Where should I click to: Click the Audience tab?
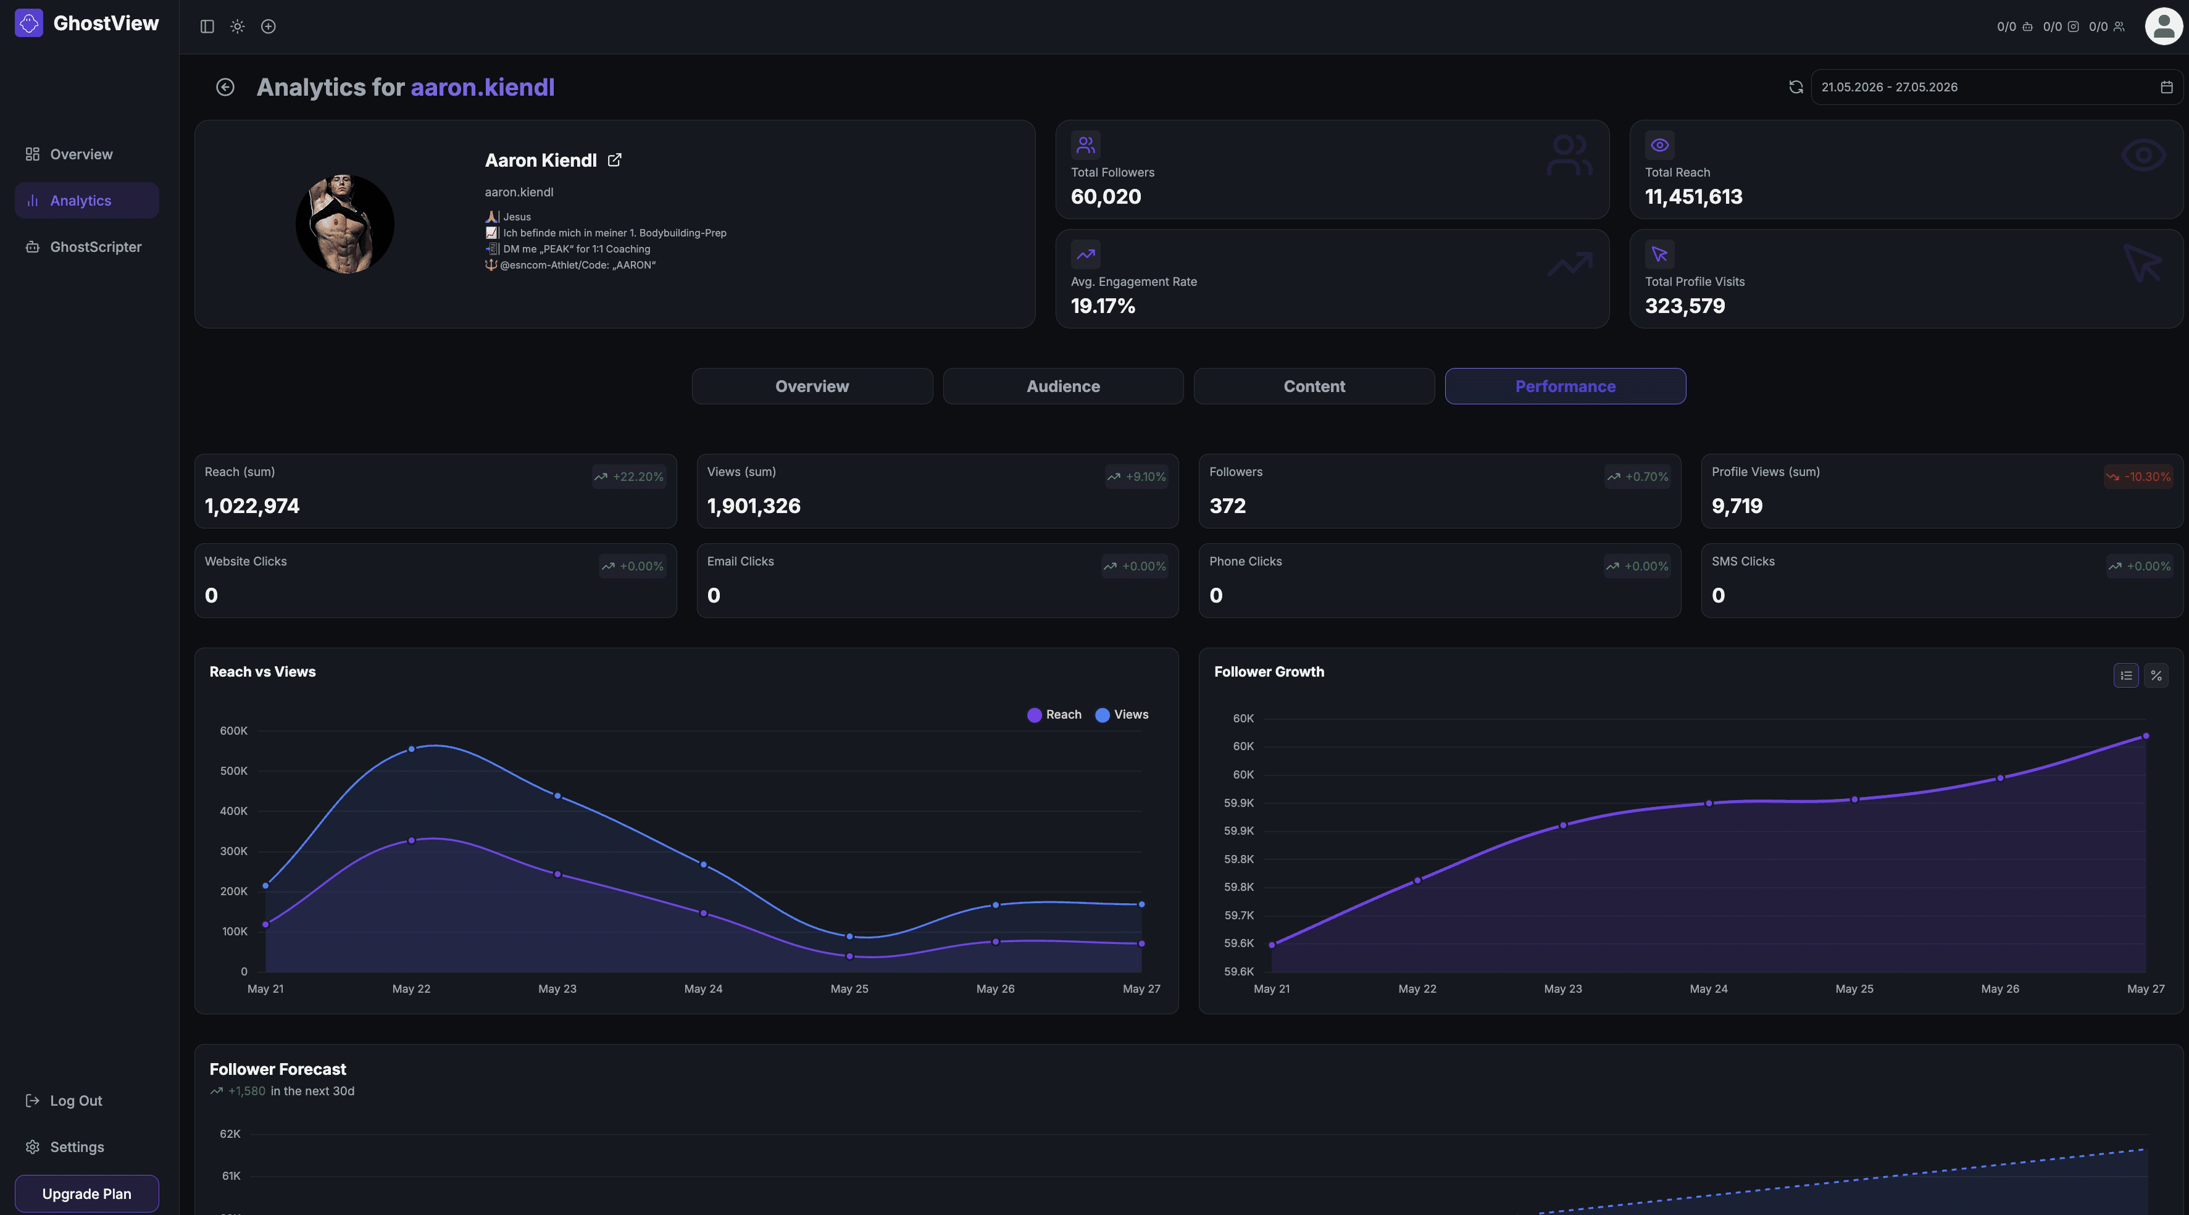[x=1063, y=386]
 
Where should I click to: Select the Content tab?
[x=1314, y=386]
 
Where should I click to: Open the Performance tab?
[x=1566, y=386]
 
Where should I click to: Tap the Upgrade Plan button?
[x=86, y=1194]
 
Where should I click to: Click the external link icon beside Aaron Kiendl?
[x=614, y=160]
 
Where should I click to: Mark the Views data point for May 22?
[x=411, y=749]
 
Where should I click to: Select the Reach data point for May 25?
[x=850, y=956]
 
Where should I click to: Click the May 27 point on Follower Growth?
[x=2146, y=736]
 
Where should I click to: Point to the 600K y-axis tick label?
[x=234, y=731]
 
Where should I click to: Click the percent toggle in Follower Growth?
[x=2156, y=675]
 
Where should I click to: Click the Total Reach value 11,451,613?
[x=1693, y=196]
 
